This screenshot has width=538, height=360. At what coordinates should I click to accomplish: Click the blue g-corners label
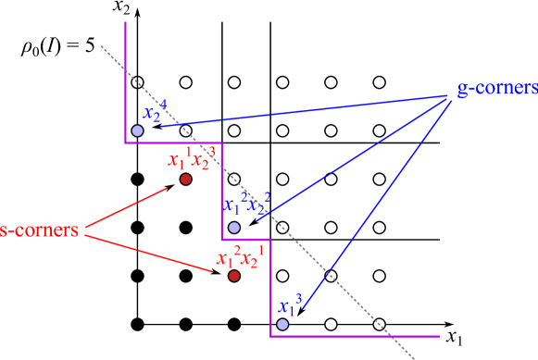497,89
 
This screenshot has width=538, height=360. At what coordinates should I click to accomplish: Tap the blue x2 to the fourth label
155,112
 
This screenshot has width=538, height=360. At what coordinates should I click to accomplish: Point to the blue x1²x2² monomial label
245,205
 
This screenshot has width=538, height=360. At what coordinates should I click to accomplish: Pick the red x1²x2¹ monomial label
241,256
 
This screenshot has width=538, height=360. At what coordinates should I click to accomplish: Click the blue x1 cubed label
290,305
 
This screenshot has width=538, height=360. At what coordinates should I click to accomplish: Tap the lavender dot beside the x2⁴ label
137,130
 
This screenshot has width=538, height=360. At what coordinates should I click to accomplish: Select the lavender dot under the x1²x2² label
234,227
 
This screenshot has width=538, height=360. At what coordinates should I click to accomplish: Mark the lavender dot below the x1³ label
282,324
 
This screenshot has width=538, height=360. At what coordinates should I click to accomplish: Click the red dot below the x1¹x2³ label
185,179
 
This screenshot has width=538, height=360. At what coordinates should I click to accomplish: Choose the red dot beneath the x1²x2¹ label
234,276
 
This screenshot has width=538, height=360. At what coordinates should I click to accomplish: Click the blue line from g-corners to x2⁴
306,110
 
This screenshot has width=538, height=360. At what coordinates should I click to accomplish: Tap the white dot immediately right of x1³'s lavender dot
331,324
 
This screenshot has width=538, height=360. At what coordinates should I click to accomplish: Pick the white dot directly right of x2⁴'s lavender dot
234,130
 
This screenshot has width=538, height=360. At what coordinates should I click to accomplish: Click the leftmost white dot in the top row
185,82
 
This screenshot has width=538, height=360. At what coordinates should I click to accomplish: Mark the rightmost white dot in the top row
379,82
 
